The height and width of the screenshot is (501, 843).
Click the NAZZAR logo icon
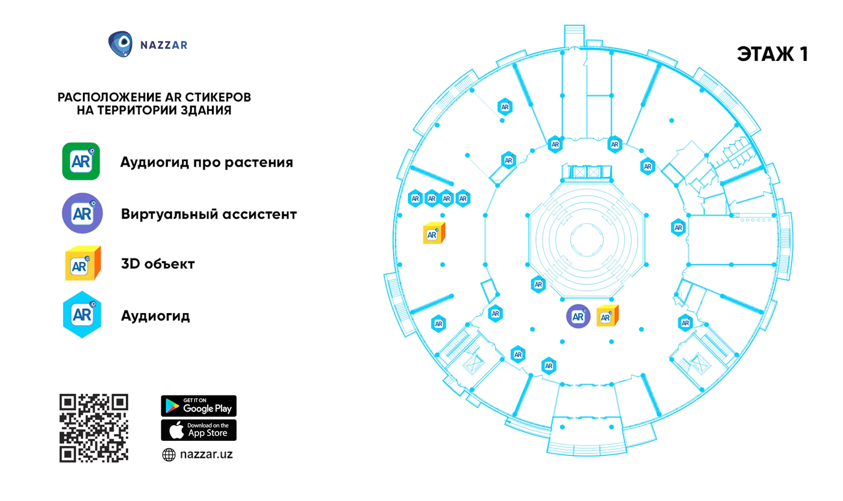(120, 44)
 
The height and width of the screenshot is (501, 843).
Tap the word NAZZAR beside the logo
(164, 45)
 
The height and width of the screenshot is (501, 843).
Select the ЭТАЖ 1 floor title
(772, 54)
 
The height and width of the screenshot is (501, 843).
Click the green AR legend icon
(81, 161)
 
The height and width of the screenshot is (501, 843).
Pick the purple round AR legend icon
(82, 213)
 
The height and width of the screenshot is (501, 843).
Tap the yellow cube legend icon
(83, 263)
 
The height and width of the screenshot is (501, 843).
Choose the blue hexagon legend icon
(82, 314)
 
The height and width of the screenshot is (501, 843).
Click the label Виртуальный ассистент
(209, 214)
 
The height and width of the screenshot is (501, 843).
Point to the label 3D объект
(158, 264)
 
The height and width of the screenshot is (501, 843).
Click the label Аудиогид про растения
(207, 162)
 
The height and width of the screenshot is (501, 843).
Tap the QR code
(94, 428)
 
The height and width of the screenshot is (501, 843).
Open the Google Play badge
(199, 406)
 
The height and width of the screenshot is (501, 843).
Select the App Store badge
(199, 430)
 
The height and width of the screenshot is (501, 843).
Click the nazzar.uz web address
(206, 454)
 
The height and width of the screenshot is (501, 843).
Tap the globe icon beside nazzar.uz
(169, 455)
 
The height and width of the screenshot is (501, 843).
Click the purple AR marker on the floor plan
(578, 316)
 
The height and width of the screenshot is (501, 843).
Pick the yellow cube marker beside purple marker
(608, 316)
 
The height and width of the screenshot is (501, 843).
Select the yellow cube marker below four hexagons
(434, 233)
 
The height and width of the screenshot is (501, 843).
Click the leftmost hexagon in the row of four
(415, 198)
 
